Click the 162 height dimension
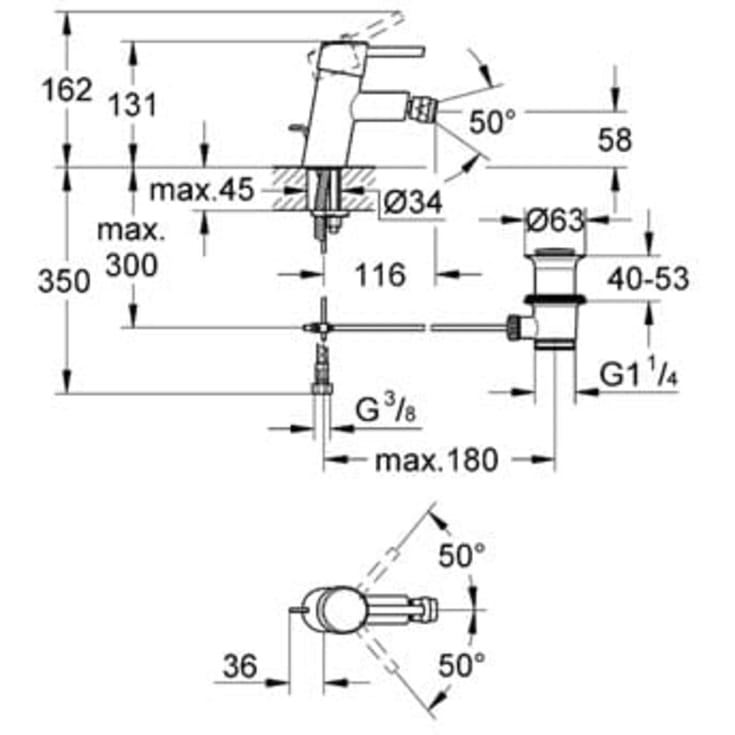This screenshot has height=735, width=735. pyautogui.click(x=67, y=90)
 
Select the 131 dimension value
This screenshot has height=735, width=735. pyautogui.click(x=134, y=103)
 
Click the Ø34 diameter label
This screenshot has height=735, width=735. pyautogui.click(x=412, y=202)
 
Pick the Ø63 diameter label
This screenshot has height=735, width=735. pyautogui.click(x=555, y=217)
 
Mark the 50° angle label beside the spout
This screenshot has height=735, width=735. pyautogui.click(x=492, y=122)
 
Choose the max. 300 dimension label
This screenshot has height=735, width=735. pyautogui.click(x=130, y=248)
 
